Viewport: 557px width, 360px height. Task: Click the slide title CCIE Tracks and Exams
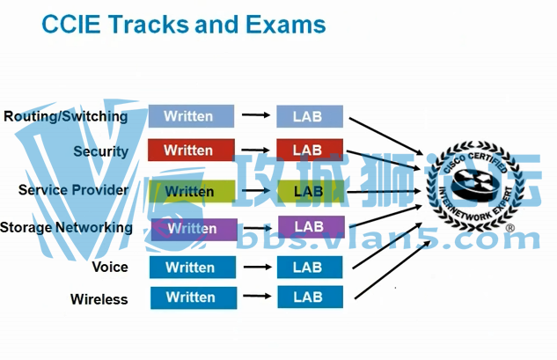coord(184,24)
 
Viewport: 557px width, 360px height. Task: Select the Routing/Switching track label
coord(66,116)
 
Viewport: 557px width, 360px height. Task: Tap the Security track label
coord(100,151)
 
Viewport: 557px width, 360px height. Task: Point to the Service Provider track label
coord(73,190)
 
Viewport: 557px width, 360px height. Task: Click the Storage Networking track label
coord(67,228)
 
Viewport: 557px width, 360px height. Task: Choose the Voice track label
coord(110,267)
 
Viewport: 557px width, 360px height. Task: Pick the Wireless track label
coord(99,299)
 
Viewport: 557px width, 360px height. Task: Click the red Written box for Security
coord(191,151)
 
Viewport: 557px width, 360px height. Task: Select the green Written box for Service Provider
coord(191,191)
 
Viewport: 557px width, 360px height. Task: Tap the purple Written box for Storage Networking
coord(194,229)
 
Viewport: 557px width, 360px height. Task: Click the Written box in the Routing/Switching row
coord(191,116)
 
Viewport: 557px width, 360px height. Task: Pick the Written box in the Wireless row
coord(193,298)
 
